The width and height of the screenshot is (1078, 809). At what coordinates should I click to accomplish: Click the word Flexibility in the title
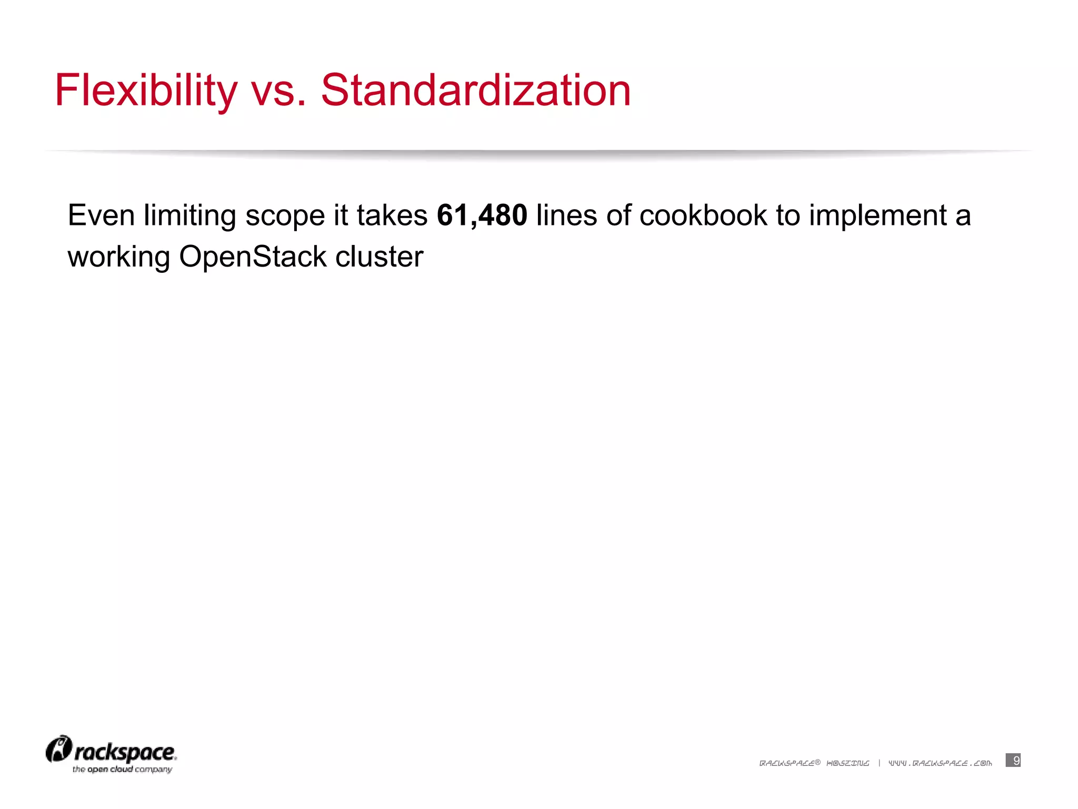[x=146, y=91]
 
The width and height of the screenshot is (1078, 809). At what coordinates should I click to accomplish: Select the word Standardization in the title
[x=475, y=91]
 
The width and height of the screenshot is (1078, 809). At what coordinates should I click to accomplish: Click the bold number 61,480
[x=482, y=215]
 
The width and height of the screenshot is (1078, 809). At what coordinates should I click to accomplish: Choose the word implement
[x=878, y=215]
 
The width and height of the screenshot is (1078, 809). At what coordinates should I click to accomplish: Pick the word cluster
[x=379, y=257]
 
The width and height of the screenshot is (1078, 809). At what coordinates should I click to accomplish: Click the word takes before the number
[x=392, y=215]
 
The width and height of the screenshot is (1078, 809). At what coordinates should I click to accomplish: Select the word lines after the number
[x=566, y=215]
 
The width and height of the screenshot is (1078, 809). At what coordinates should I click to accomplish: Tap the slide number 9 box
[x=1013, y=760]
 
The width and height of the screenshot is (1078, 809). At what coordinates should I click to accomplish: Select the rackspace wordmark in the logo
[x=125, y=753]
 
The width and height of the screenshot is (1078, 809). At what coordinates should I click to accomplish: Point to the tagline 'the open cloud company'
[x=122, y=769]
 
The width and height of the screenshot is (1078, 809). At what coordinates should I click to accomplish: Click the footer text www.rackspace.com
[x=940, y=763]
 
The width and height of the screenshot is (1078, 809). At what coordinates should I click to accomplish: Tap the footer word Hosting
[x=848, y=763]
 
